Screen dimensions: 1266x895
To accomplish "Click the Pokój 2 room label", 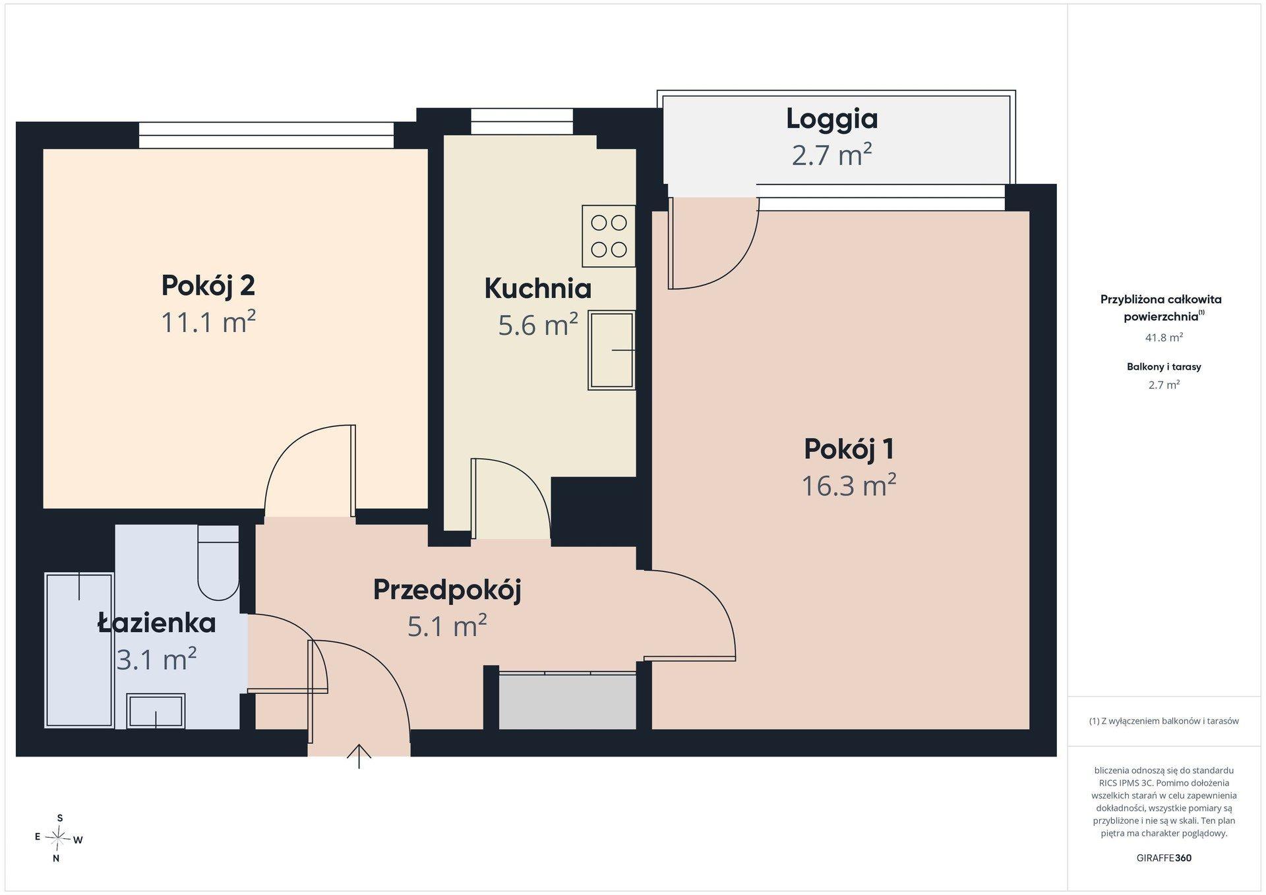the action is point(208,285).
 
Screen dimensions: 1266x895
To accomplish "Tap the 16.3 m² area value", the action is point(849,486).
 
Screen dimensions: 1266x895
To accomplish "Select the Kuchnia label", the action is point(537,288).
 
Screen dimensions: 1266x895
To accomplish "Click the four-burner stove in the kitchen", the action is point(609,236).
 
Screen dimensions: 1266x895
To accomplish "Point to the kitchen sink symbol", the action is point(612,350).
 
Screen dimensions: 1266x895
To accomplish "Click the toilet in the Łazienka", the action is point(218,562).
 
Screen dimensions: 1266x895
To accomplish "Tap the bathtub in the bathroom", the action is point(79,650).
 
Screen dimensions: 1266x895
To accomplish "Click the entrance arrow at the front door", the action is point(359,756).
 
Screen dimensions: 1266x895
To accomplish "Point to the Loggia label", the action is point(831,119).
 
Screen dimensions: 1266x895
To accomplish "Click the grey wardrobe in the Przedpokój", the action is point(568,701).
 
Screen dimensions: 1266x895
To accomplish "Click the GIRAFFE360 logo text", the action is point(1164,858).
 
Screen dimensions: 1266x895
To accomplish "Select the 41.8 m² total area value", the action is point(1164,337).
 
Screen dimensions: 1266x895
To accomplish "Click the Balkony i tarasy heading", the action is point(1164,366).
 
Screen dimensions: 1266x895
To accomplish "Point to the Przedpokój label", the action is point(447,590).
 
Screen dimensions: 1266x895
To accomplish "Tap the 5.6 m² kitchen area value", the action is point(538,325).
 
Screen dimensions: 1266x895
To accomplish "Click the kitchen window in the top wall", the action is point(522,122).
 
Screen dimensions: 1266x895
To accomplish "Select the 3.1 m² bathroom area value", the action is point(156,659).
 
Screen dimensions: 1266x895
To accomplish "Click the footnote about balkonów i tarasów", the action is point(1164,721).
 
